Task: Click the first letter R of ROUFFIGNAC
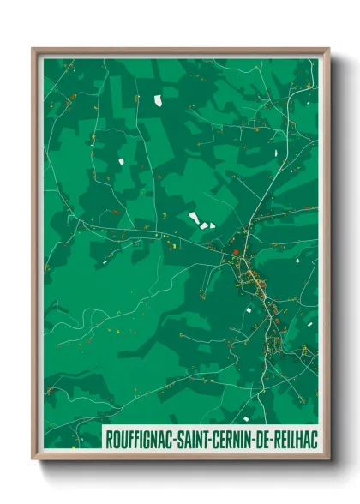(x=108, y=439)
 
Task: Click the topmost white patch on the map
(x=159, y=99)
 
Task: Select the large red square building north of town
(x=236, y=252)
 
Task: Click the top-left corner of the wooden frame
(x=33, y=50)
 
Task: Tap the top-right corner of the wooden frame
(x=328, y=50)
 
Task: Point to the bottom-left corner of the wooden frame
(x=33, y=459)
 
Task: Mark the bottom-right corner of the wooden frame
(x=328, y=459)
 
